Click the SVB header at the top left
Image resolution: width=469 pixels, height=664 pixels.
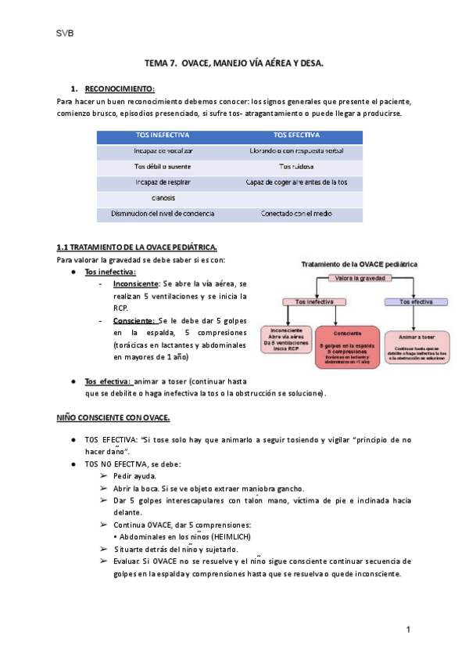[65, 34]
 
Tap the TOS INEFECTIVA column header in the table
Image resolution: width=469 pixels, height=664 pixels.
[163, 135]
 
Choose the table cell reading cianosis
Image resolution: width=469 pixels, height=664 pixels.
[163, 198]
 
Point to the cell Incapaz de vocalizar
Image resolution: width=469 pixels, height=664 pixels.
[163, 150]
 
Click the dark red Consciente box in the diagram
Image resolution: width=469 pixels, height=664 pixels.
[348, 348]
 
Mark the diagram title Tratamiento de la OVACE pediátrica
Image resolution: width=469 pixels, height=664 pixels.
[360, 264]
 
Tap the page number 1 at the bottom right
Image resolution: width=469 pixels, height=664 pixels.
[408, 630]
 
